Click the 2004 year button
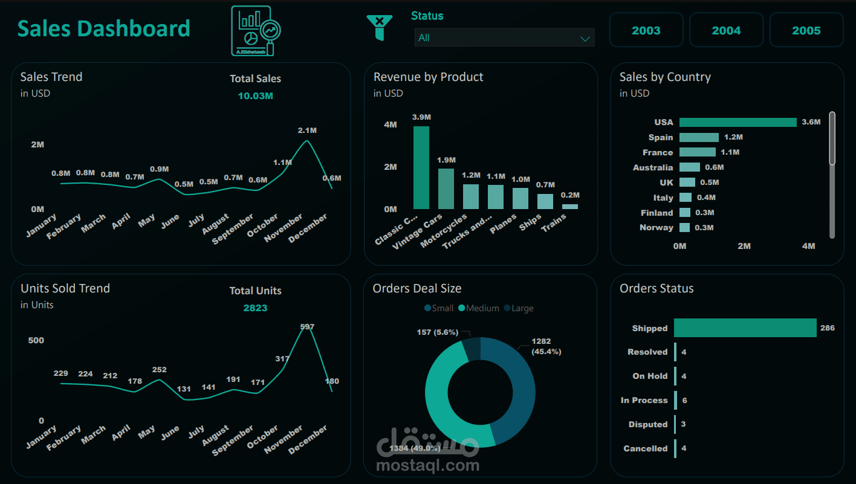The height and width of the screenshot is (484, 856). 726,30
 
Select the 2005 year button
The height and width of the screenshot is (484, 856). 806,30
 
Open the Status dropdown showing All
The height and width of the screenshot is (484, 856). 504,37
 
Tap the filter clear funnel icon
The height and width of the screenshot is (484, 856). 379,28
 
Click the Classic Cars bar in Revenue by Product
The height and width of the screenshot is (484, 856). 421,167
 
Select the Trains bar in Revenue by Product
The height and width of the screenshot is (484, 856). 569,206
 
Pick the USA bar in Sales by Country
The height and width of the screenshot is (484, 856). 738,122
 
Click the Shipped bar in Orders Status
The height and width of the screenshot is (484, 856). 745,328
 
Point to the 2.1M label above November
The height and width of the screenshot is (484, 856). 307,131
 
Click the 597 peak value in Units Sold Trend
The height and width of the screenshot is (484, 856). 307,327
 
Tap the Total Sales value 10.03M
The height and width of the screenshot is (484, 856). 255,95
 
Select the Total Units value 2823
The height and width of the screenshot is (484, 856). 255,308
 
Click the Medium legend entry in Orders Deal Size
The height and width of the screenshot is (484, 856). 478,308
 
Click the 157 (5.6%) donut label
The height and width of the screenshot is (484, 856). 437,332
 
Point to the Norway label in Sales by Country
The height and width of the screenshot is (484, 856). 656,227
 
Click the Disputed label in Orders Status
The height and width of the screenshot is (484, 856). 647,424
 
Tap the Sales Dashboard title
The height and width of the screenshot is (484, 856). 103,28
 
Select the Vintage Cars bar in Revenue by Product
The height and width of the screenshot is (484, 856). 446,189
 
